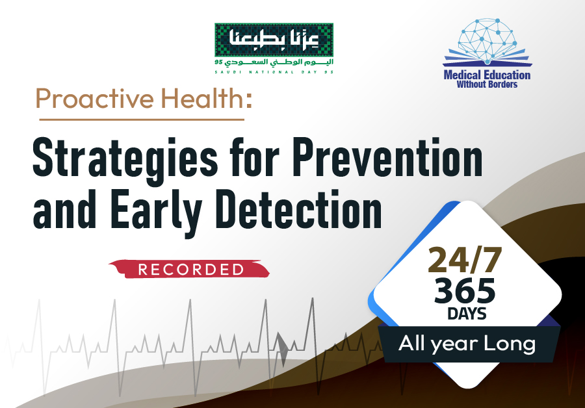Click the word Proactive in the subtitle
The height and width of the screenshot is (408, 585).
coord(94,98)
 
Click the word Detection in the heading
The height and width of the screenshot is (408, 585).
coord(299,209)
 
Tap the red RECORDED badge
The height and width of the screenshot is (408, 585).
coord(189,269)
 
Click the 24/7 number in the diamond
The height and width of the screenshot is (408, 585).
coord(465,260)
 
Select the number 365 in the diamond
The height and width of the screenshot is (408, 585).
coord(465,291)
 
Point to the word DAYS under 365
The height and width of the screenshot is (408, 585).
coord(467,314)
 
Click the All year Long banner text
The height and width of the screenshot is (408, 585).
coord(467,344)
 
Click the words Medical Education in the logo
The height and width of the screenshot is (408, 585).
coord(487,75)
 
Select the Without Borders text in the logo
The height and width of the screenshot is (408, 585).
coord(487,84)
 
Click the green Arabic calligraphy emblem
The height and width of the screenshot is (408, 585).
coord(274,40)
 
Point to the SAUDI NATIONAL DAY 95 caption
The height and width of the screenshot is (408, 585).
coord(274,72)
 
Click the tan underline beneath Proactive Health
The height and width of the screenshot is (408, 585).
coord(142,120)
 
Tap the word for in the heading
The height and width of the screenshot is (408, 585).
coord(255,157)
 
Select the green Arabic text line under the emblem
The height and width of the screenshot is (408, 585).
coord(274,62)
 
